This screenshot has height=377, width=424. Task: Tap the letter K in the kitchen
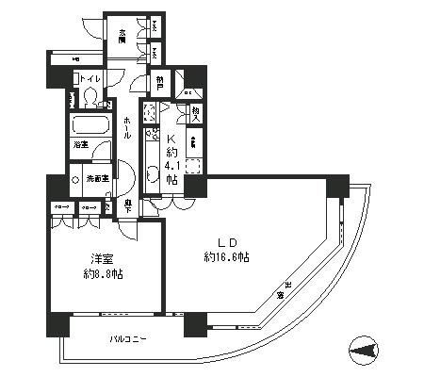[x=171, y=136]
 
